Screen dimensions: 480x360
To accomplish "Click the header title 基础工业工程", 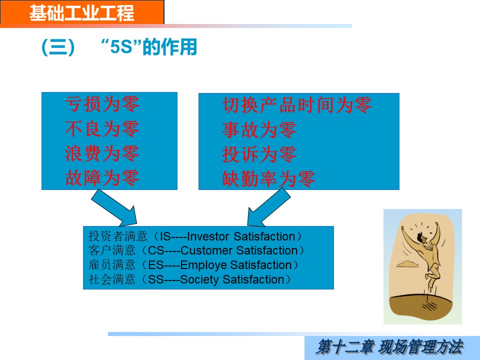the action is coord(81,13).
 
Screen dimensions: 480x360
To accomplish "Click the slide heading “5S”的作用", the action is coord(149,47).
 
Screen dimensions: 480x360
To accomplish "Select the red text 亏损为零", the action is coord(102,104).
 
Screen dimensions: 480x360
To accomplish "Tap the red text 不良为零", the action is coord(102,128).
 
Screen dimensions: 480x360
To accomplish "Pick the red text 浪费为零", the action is coord(102,153).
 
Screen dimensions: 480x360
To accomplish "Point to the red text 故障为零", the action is coord(102,177).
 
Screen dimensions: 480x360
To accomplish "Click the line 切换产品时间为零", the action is coord(297,105).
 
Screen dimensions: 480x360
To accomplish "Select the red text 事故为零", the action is coord(259,129).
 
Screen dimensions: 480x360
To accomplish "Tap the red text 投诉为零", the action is coord(259,154).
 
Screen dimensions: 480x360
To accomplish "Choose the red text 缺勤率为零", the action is coord(268,179).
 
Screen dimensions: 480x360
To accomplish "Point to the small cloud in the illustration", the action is coord(408,263).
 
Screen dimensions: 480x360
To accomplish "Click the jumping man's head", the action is coord(421,237).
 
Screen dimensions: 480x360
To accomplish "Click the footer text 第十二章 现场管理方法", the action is coord(389,347).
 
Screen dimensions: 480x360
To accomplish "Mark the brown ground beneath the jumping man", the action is coord(420,305).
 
